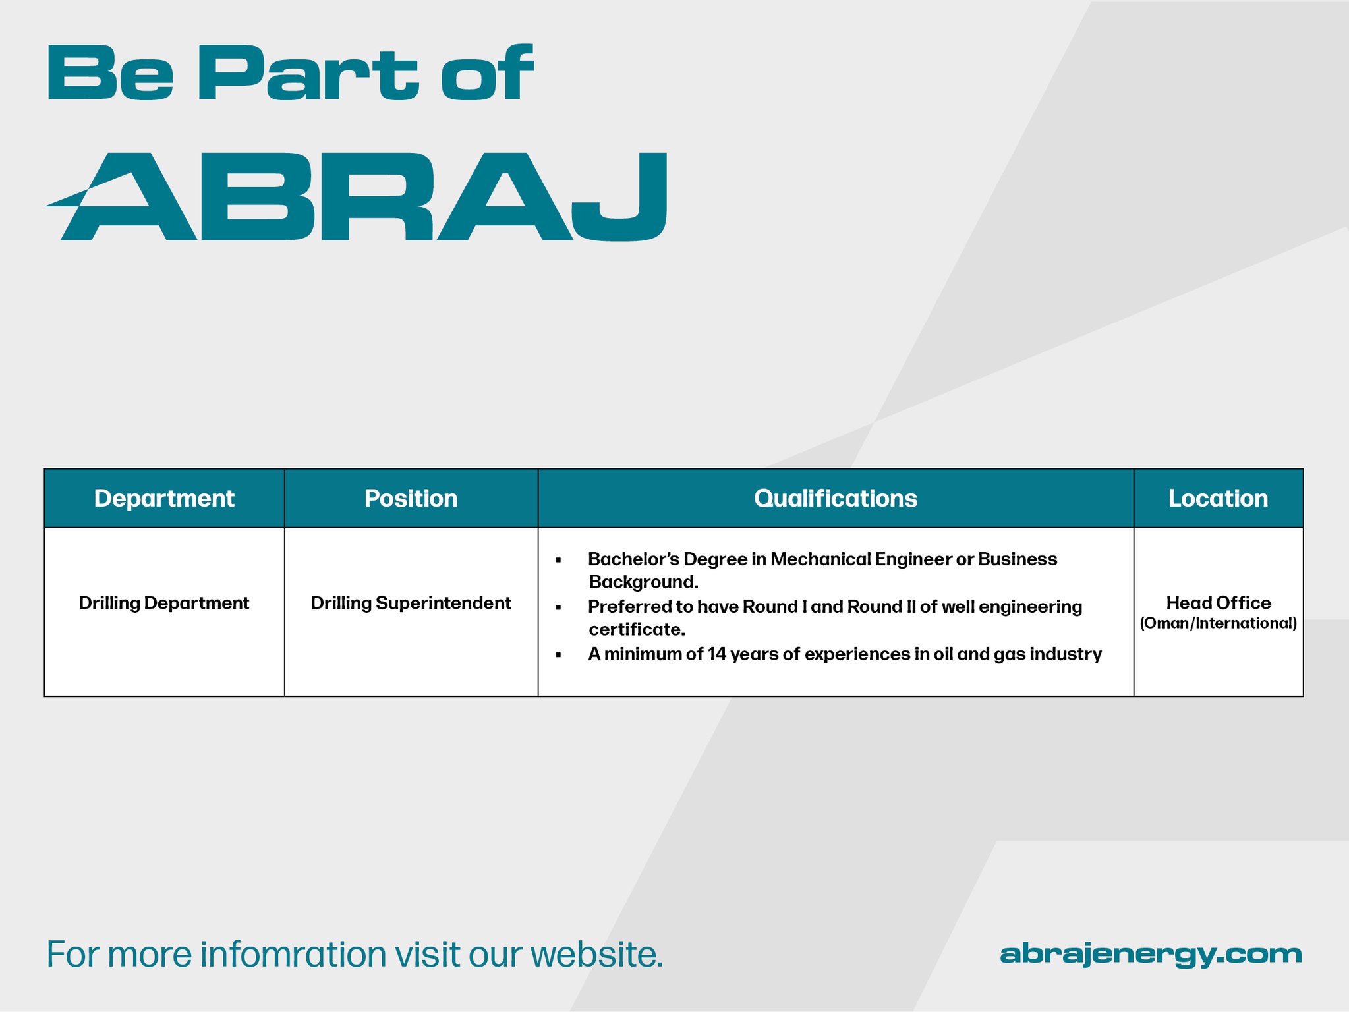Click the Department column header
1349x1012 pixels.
(164, 499)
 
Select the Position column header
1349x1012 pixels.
(411, 499)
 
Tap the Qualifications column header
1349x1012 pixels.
(835, 499)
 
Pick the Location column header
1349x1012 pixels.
(1218, 499)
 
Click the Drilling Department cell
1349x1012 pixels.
(164, 603)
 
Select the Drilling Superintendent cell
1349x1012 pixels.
(411, 603)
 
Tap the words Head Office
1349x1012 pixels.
(1219, 603)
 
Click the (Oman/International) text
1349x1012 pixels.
(1219, 623)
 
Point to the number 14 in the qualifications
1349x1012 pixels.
(717, 654)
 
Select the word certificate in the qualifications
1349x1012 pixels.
(637, 630)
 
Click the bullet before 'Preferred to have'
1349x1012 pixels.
(558, 607)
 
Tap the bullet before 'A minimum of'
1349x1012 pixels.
(558, 654)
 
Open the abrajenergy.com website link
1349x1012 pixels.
(1151, 954)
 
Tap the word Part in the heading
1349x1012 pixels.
(308, 73)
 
